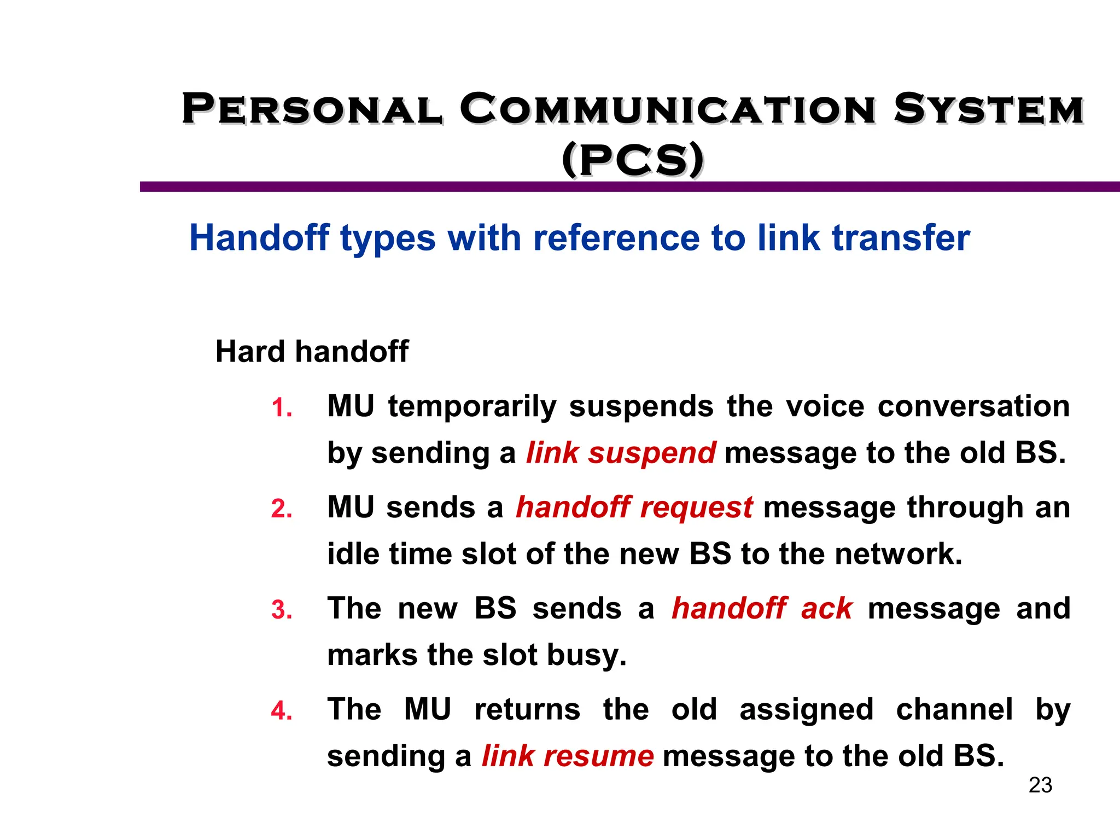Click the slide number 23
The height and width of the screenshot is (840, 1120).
point(1040,785)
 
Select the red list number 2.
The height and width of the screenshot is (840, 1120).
point(282,509)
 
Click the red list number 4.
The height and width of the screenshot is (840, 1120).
point(282,711)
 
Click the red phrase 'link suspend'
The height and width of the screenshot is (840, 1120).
point(621,453)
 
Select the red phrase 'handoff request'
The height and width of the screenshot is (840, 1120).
point(634,507)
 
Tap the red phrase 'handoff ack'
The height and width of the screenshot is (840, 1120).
point(762,609)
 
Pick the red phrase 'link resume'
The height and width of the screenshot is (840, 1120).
point(568,756)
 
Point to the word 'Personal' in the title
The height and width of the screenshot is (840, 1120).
point(312,109)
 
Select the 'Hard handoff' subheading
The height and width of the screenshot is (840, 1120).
point(312,351)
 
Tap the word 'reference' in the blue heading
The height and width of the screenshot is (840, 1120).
point(616,238)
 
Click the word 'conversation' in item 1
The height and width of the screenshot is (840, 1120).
point(973,406)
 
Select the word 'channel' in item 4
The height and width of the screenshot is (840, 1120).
point(954,710)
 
